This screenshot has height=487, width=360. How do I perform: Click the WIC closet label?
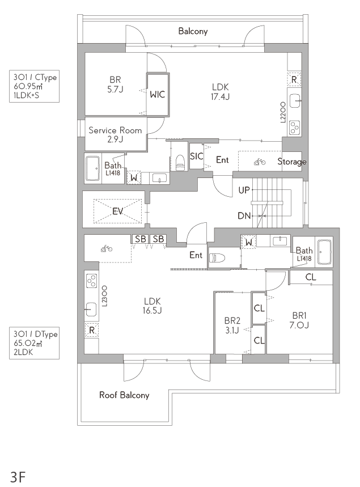click(157, 95)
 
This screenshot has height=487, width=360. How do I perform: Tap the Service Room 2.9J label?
click(115, 134)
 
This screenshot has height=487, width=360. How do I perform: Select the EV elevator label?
click(118, 211)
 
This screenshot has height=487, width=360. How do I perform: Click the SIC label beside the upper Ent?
click(196, 156)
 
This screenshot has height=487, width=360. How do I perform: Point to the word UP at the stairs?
click(244, 190)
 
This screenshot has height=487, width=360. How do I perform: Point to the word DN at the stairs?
click(244, 215)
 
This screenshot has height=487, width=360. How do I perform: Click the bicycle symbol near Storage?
click(260, 162)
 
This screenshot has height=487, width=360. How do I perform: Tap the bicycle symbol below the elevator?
click(107, 248)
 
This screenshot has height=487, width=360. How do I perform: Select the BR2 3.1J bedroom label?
click(232, 325)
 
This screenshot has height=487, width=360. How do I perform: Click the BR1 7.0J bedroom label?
click(299, 320)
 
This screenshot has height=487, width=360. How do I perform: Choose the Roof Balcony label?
click(124, 395)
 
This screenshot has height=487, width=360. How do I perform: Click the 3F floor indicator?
click(18, 477)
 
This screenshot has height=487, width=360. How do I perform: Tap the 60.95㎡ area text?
click(28, 86)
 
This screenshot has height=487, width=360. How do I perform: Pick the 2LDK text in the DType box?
click(23, 352)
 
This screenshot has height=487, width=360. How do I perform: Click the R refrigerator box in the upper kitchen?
click(294, 80)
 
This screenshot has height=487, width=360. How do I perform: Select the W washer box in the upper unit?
click(134, 178)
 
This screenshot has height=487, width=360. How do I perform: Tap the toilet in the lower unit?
click(217, 258)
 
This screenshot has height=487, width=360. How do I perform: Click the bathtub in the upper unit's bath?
click(92, 168)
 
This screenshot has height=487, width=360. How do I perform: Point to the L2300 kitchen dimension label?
click(104, 297)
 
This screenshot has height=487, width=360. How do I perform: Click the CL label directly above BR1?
click(311, 277)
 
